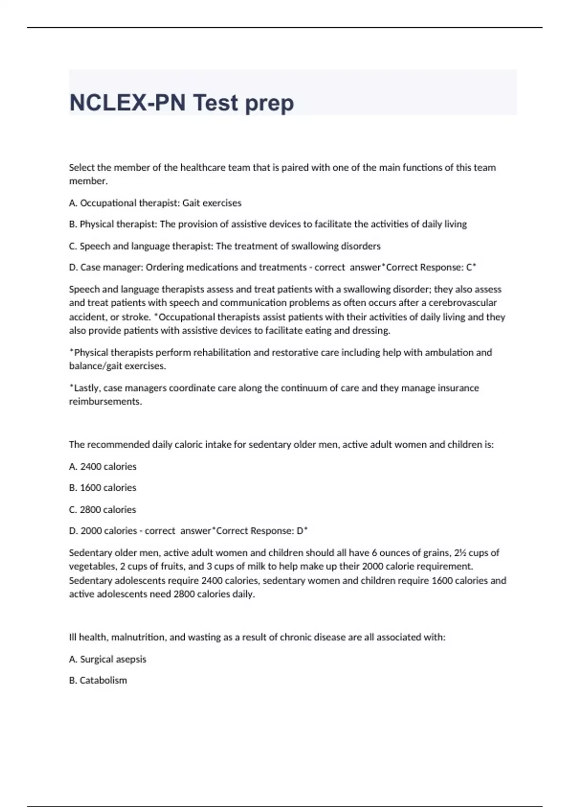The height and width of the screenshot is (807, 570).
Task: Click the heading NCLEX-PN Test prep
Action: coord(181,103)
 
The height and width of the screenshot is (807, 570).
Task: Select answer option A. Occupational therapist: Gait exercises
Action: coord(155,203)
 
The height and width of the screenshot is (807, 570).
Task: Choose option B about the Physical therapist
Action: coord(268,224)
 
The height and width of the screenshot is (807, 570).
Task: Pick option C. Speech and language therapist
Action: coord(225,246)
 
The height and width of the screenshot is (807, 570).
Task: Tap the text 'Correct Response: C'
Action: coord(429,267)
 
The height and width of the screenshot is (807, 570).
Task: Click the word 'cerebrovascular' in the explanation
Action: coord(463,302)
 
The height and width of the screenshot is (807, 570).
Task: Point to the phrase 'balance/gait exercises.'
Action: coord(117,366)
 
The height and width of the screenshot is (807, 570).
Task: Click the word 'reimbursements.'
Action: coord(105,402)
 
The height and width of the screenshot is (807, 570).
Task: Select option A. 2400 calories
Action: coord(103,467)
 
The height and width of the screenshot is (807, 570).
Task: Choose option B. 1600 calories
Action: coord(103,488)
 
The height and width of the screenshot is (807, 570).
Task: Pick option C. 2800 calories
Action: coord(103,509)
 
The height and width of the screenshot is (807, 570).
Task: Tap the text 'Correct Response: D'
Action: coord(261,531)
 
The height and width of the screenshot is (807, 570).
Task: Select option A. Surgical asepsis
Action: coord(108,659)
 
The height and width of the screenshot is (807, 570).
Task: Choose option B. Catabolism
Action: coord(98,680)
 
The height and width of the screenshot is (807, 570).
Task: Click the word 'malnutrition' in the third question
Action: coord(138,637)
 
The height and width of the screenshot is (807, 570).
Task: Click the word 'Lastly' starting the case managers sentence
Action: coord(86,388)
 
